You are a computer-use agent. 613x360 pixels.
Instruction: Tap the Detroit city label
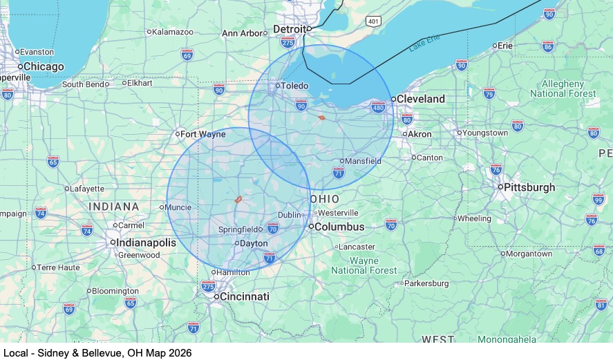point(289,29)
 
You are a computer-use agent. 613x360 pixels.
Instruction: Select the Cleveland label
point(420,99)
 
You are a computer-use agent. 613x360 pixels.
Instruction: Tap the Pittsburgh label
point(529,187)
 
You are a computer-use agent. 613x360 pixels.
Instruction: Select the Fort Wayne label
point(204,134)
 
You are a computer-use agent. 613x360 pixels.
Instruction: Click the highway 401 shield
point(373,21)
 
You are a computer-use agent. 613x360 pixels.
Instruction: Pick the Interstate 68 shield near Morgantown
point(598,250)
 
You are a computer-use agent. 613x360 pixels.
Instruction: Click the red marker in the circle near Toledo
point(322,117)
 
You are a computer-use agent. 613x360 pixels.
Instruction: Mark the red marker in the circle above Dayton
point(238,199)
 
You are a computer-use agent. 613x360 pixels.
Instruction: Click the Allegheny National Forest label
point(563,88)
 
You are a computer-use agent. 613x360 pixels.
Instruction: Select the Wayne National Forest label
point(364,265)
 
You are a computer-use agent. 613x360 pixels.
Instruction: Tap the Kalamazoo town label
point(172,32)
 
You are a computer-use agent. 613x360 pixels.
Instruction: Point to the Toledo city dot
point(277,86)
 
